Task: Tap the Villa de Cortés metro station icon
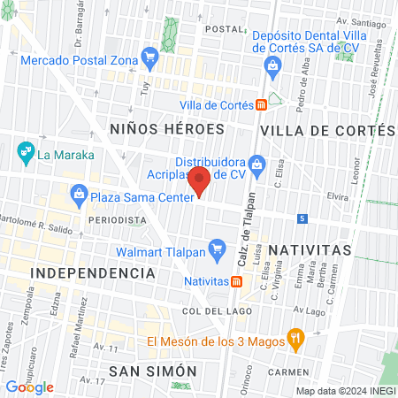[x=262, y=105]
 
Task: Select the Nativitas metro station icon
[x=236, y=282]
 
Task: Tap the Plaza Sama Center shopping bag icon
[x=80, y=194]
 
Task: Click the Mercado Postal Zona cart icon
[x=149, y=59]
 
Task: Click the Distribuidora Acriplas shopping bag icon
[x=257, y=163]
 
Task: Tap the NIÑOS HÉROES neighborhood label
[x=167, y=129]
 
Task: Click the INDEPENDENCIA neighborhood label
[x=93, y=272]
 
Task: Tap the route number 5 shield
[x=302, y=218]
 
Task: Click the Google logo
[x=29, y=387]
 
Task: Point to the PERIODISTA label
[x=117, y=218]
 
